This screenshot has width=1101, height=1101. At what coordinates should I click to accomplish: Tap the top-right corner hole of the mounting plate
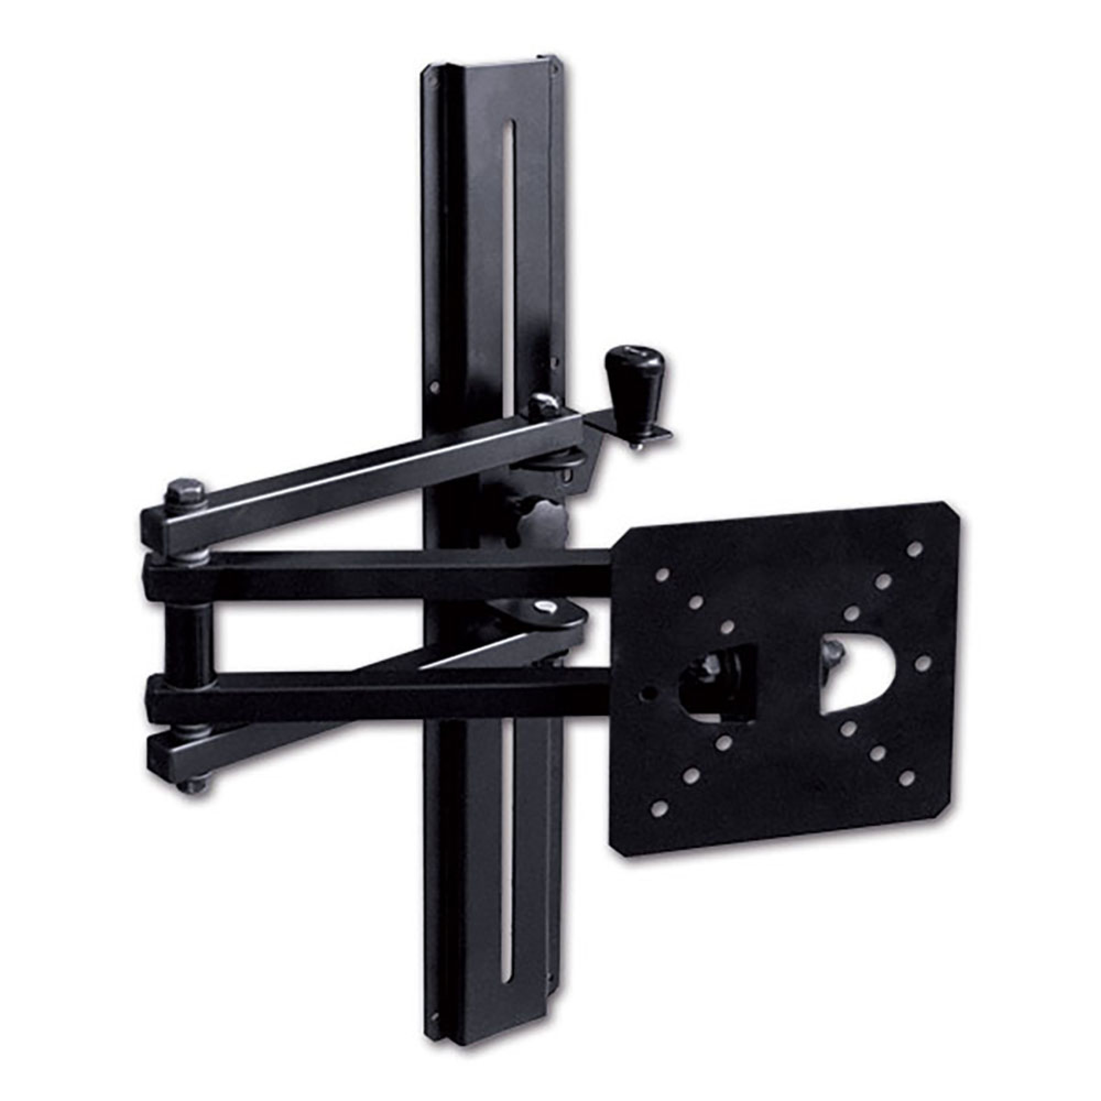coord(914,549)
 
